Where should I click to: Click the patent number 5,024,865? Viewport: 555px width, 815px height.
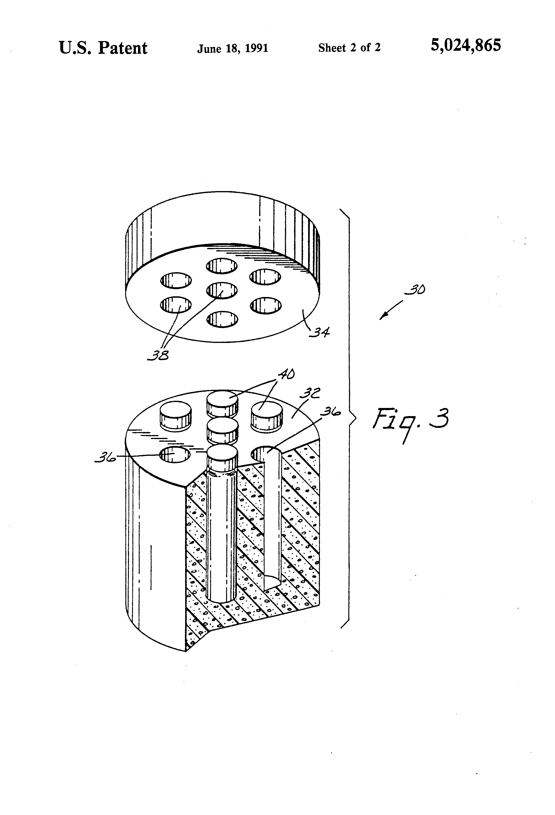(466, 46)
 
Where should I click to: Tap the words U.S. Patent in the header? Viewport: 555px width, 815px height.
(103, 48)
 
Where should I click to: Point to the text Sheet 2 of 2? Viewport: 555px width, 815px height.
(349, 47)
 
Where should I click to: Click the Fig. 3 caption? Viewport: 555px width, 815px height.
(411, 421)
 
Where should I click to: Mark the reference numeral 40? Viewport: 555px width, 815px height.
(286, 375)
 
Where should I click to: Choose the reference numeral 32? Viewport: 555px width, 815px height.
(310, 393)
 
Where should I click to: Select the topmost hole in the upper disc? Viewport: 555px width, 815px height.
(221, 266)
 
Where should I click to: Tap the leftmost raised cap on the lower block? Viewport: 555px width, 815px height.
(175, 416)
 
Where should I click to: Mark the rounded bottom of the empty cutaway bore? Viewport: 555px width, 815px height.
(272, 582)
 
